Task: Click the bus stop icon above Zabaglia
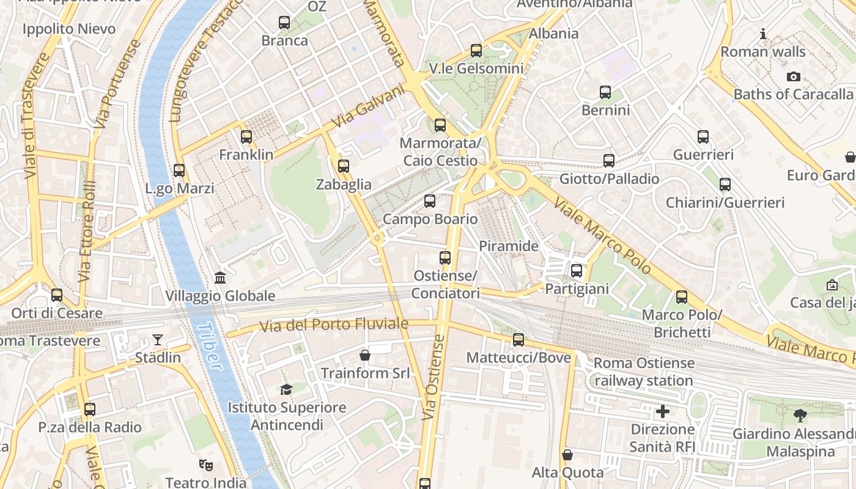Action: click(x=343, y=166)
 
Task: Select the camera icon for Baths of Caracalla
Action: click(x=793, y=76)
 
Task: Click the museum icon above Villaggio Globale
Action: click(x=220, y=278)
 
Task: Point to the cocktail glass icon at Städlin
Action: click(x=158, y=339)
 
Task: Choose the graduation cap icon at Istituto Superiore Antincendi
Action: click(x=286, y=389)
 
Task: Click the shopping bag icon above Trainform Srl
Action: click(x=365, y=355)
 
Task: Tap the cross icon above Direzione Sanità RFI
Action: click(x=662, y=411)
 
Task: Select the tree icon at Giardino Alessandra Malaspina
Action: click(x=799, y=416)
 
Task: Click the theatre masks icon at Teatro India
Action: click(x=206, y=465)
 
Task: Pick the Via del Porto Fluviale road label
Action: click(x=334, y=325)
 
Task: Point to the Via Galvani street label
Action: click(x=368, y=108)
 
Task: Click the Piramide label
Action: click(x=508, y=246)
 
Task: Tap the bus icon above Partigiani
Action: click(x=576, y=270)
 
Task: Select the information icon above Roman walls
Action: click(x=762, y=34)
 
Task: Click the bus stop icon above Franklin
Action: click(x=246, y=137)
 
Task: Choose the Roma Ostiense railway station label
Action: click(x=643, y=372)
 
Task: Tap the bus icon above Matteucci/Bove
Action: click(x=518, y=339)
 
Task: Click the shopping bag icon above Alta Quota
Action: click(x=567, y=455)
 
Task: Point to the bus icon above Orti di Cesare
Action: click(x=57, y=295)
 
